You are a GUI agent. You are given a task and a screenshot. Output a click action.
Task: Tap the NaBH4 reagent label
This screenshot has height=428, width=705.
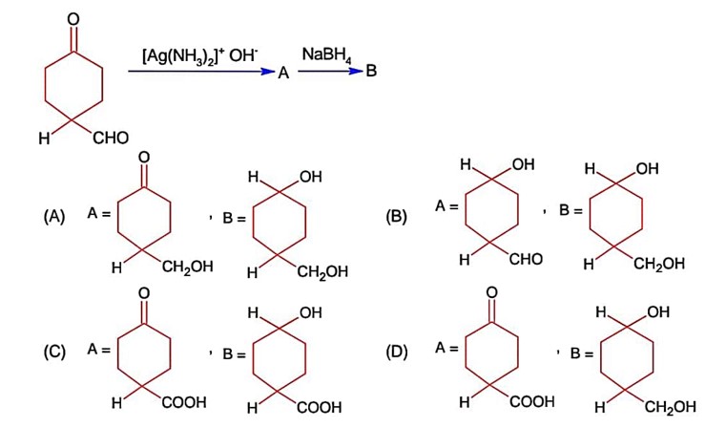point(326,55)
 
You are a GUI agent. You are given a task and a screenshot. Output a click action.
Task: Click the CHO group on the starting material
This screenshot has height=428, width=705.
point(111,139)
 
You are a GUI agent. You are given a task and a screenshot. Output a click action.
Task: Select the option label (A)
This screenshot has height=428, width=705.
point(53,216)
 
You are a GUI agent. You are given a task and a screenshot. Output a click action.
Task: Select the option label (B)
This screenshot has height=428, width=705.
point(395,216)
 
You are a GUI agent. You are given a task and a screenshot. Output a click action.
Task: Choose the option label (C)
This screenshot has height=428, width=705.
point(53,352)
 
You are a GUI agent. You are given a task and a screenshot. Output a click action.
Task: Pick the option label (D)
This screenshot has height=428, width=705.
point(396,352)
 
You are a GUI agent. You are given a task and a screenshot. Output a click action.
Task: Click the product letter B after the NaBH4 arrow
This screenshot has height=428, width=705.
point(371,73)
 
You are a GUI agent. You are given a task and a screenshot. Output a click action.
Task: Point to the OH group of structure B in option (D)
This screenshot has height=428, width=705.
point(657,312)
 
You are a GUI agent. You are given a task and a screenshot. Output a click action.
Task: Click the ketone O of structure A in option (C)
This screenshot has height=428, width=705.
point(143,292)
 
